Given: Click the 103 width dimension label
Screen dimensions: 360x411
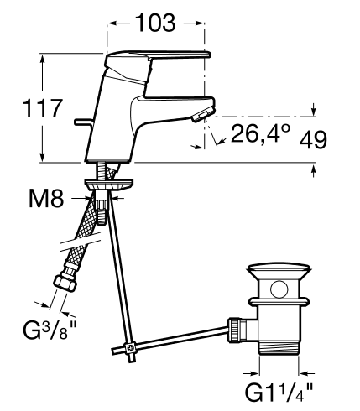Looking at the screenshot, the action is [156, 23].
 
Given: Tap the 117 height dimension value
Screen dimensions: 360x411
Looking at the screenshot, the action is [42, 107].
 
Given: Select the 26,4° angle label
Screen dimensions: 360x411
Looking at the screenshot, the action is [261, 133].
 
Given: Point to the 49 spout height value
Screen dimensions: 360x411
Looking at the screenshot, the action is [313, 140].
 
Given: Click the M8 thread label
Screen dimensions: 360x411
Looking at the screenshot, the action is [46, 198].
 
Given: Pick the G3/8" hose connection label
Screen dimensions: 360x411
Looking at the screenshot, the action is [50, 330].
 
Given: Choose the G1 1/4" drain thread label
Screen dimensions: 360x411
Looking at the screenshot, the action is [279, 392].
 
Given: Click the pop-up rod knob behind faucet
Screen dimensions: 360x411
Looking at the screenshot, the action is [81, 122].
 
